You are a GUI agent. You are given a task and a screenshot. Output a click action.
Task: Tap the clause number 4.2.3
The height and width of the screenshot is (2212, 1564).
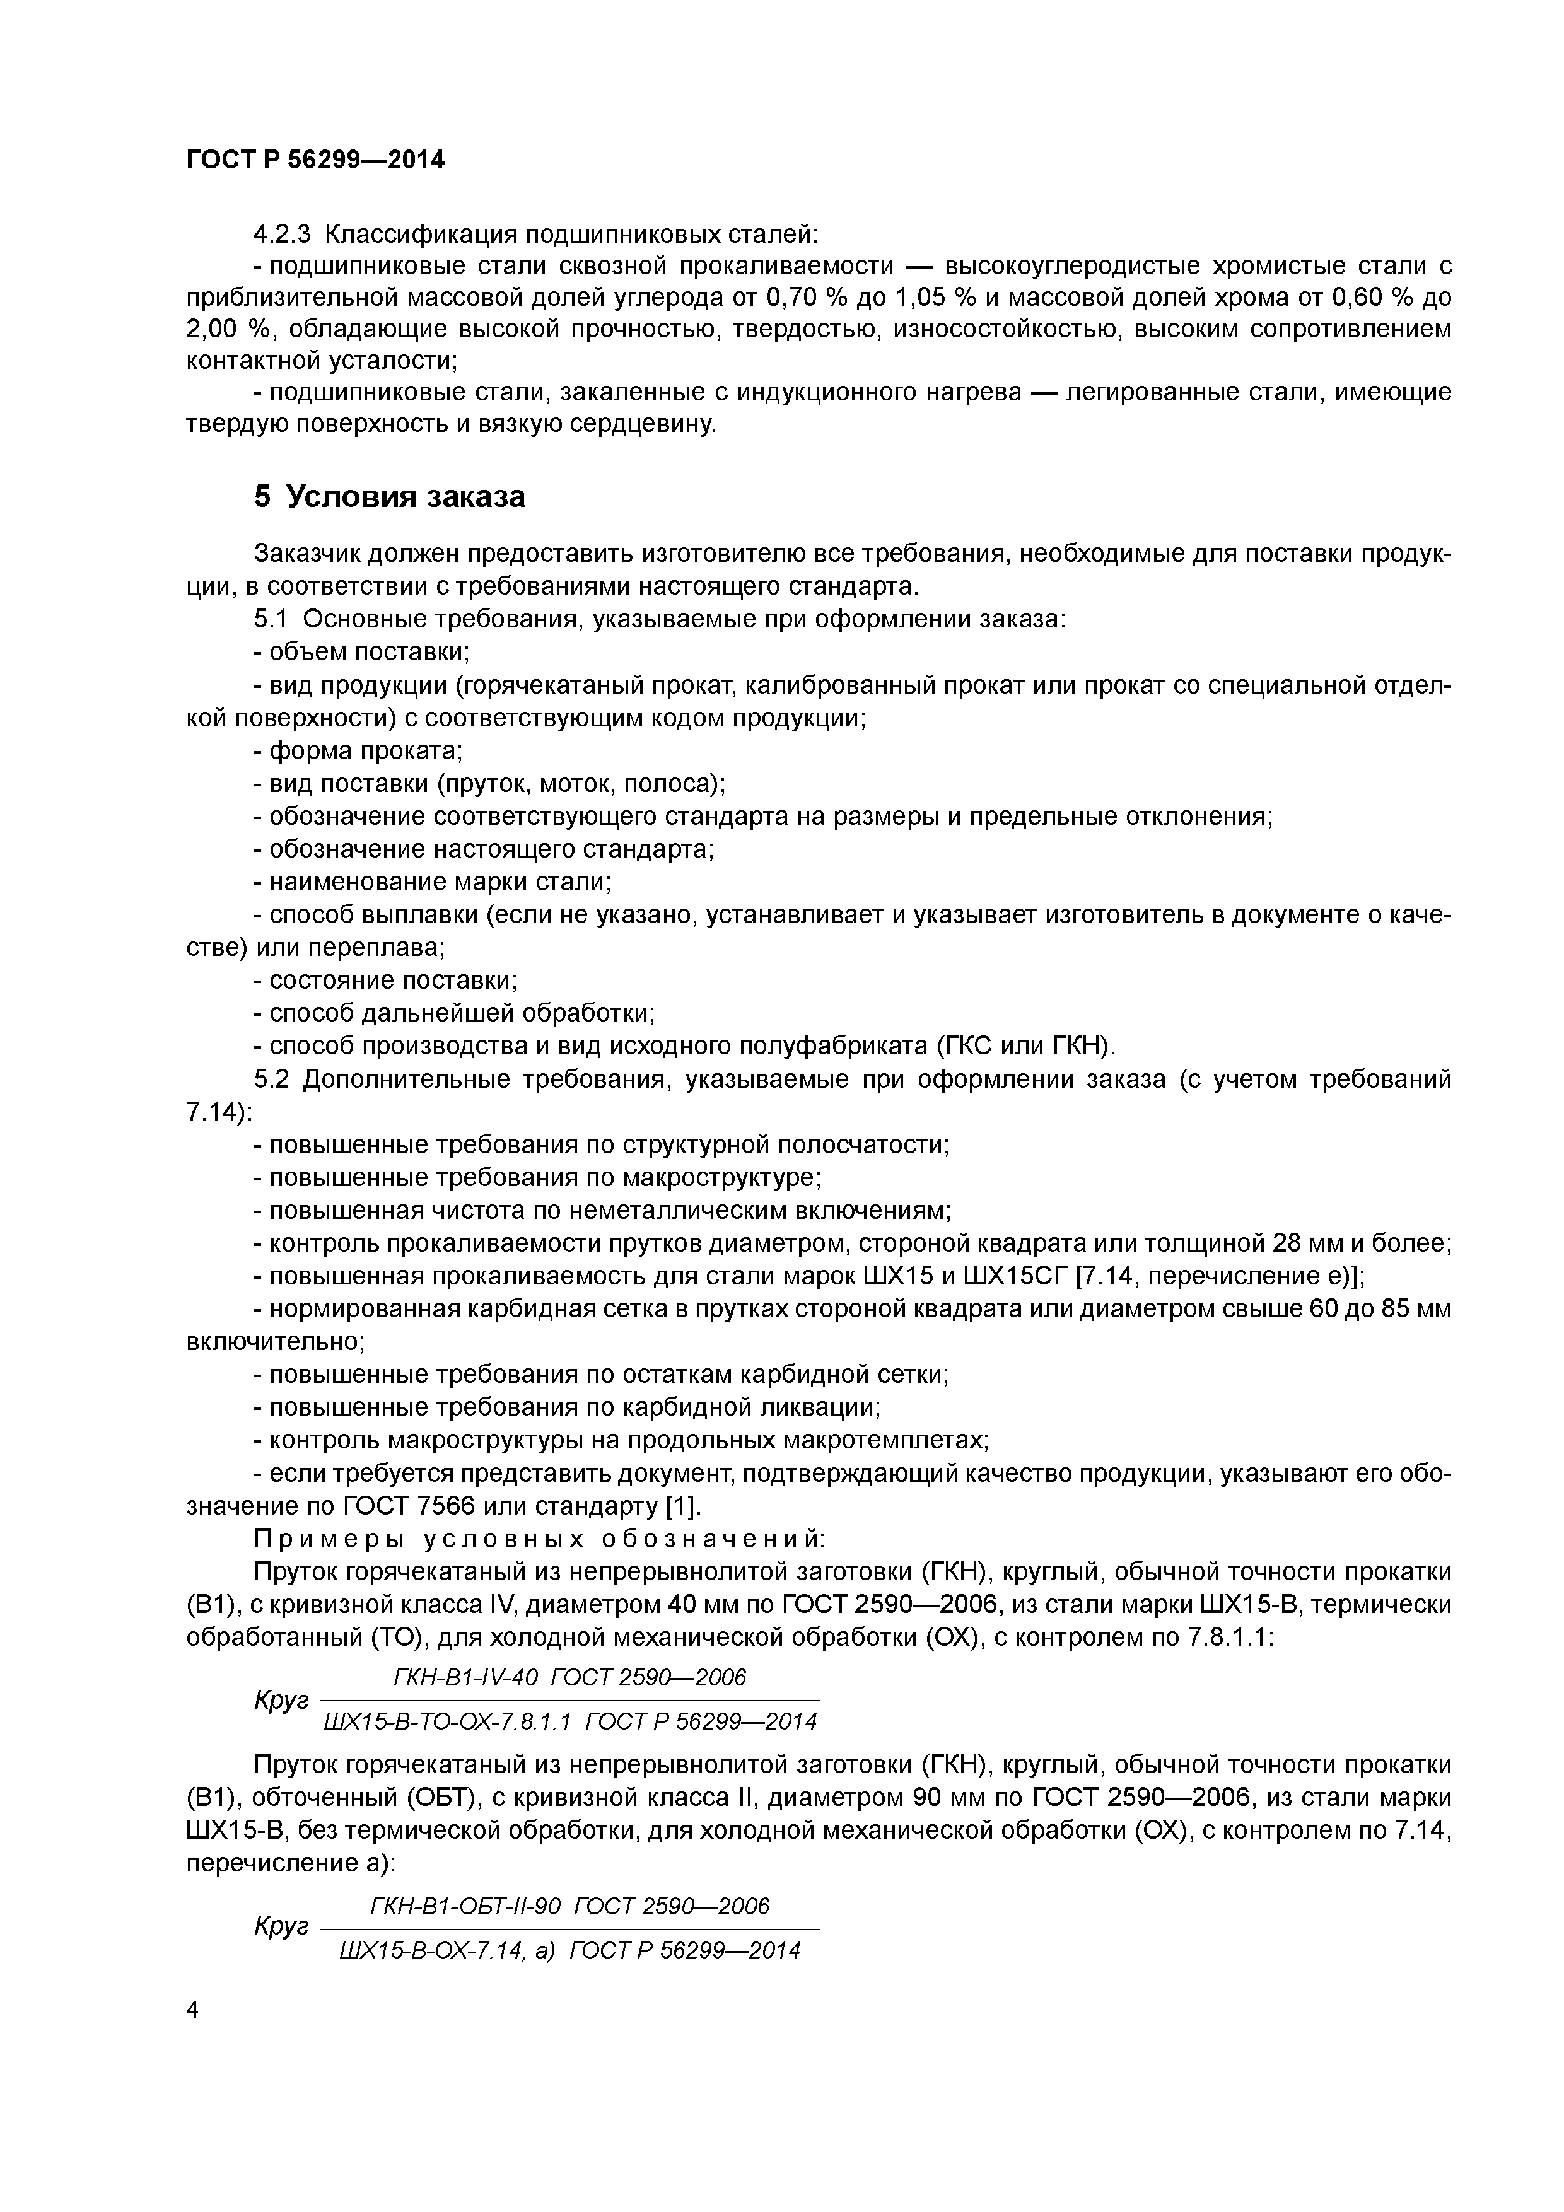pos(283,234)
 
